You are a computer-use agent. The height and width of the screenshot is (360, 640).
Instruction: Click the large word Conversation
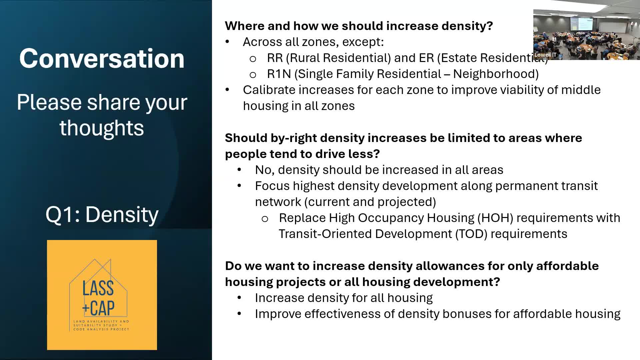(x=102, y=58)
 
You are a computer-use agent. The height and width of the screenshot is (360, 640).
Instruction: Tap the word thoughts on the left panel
(x=102, y=128)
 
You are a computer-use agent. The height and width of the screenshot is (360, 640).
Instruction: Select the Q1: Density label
(x=102, y=214)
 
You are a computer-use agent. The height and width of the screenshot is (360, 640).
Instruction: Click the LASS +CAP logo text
(x=99, y=298)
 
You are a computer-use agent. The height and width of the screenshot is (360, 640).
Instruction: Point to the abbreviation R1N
(x=279, y=74)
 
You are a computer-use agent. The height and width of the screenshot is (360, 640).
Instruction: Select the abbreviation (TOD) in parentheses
(x=471, y=234)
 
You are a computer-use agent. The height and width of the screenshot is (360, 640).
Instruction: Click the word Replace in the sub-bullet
(x=302, y=218)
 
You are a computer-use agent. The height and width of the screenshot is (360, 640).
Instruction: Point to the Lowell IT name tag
(x=545, y=55)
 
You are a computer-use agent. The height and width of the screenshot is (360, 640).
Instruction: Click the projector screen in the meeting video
(x=581, y=23)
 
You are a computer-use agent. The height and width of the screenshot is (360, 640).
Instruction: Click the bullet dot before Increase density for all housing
(x=239, y=298)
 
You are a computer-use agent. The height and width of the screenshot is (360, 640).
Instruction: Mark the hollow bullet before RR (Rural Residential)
(x=253, y=59)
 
